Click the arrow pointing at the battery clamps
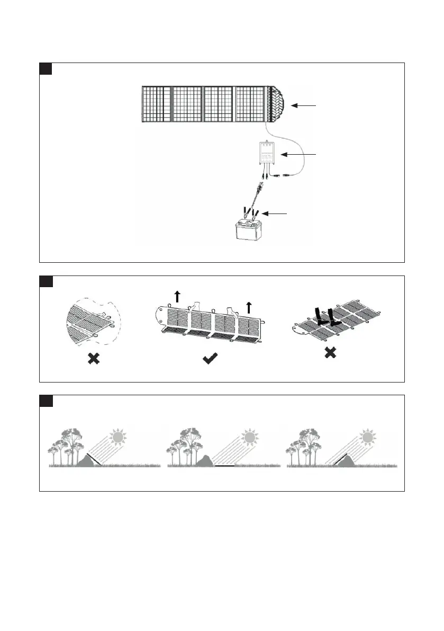[x=276, y=214]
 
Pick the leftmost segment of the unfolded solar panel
[x=156, y=104]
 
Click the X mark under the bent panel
[x=93, y=359]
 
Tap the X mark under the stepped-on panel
[x=330, y=352]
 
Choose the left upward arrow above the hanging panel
[x=177, y=296]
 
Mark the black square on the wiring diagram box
[x=46, y=69]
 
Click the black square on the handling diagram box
[x=46, y=281]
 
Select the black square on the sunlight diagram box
[x=46, y=401]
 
